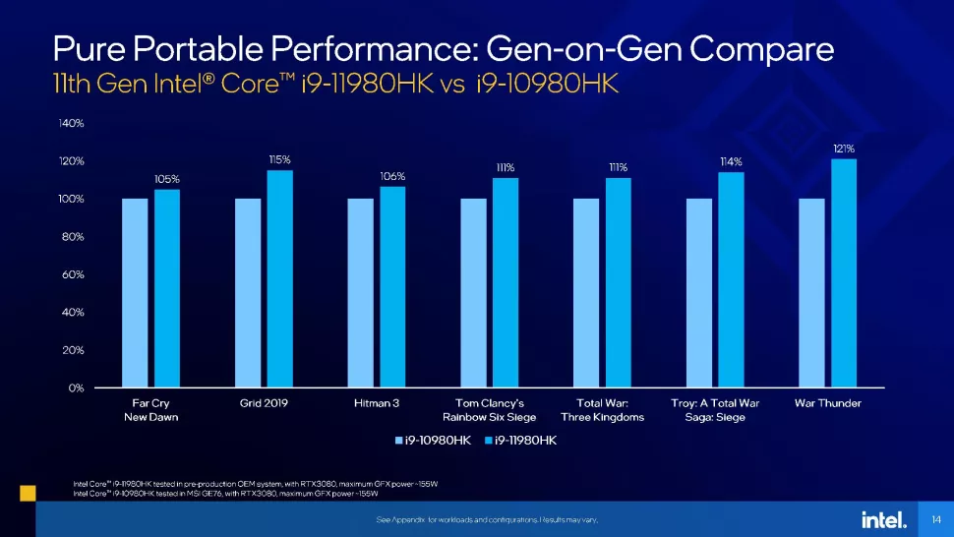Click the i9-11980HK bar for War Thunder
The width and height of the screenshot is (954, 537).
point(844,272)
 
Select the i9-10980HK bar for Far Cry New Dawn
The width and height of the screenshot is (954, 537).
point(135,292)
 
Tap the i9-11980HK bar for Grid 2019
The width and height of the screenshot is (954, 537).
point(279,278)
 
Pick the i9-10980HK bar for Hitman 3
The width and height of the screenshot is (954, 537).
point(360,292)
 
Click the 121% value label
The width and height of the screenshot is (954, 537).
point(844,149)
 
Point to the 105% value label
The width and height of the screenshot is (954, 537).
point(166,179)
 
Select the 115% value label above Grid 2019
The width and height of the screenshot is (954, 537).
point(279,159)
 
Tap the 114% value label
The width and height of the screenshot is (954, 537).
point(731,161)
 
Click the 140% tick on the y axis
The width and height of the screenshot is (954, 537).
point(71,124)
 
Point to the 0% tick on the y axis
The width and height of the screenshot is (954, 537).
point(75,388)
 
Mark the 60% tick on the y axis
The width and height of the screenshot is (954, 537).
point(72,274)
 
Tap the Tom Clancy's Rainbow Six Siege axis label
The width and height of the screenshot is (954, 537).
point(489,410)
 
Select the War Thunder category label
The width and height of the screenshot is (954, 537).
point(827,403)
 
